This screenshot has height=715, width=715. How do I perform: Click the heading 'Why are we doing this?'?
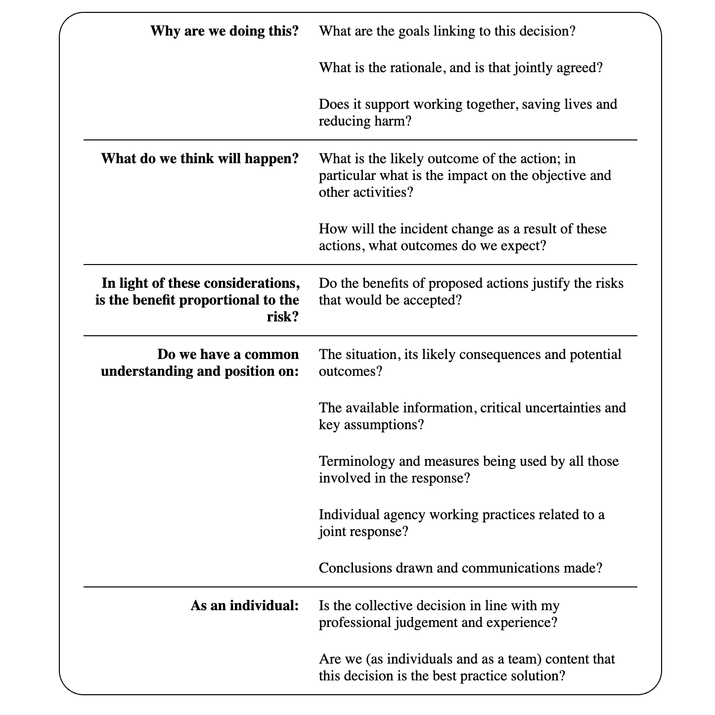click(x=224, y=31)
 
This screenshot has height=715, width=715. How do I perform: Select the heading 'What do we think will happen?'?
click(x=200, y=159)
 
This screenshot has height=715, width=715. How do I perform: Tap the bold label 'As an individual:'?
click(x=244, y=606)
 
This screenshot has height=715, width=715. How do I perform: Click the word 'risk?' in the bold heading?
click(x=283, y=317)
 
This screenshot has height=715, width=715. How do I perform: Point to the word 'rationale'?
click(x=404, y=68)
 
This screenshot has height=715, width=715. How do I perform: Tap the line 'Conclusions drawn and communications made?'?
click(x=460, y=568)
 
